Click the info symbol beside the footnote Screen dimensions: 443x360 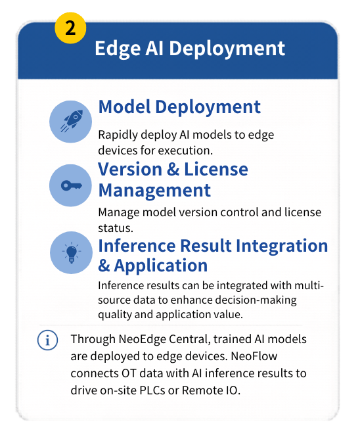[47, 340]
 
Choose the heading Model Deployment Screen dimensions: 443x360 [179, 106]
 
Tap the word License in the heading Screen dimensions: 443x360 [214, 169]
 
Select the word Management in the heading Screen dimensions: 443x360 [154, 191]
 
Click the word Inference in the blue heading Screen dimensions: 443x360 [138, 245]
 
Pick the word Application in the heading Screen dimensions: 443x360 [161, 266]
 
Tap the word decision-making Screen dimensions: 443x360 [261, 300]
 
